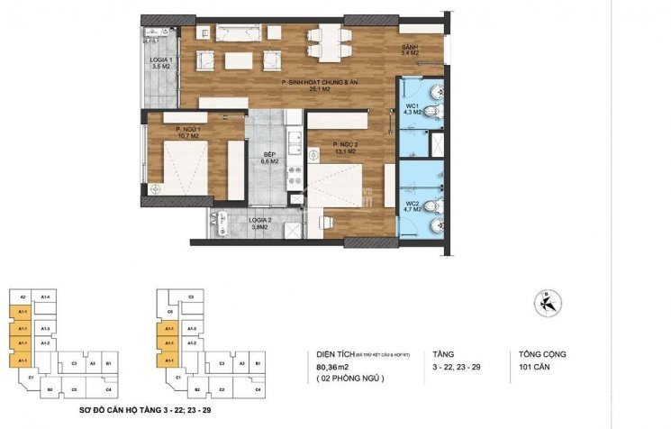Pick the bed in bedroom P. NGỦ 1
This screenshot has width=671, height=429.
pos(184,169)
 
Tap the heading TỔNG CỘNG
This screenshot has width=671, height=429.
pos(542,354)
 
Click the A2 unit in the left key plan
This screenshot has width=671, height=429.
pos(23,297)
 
